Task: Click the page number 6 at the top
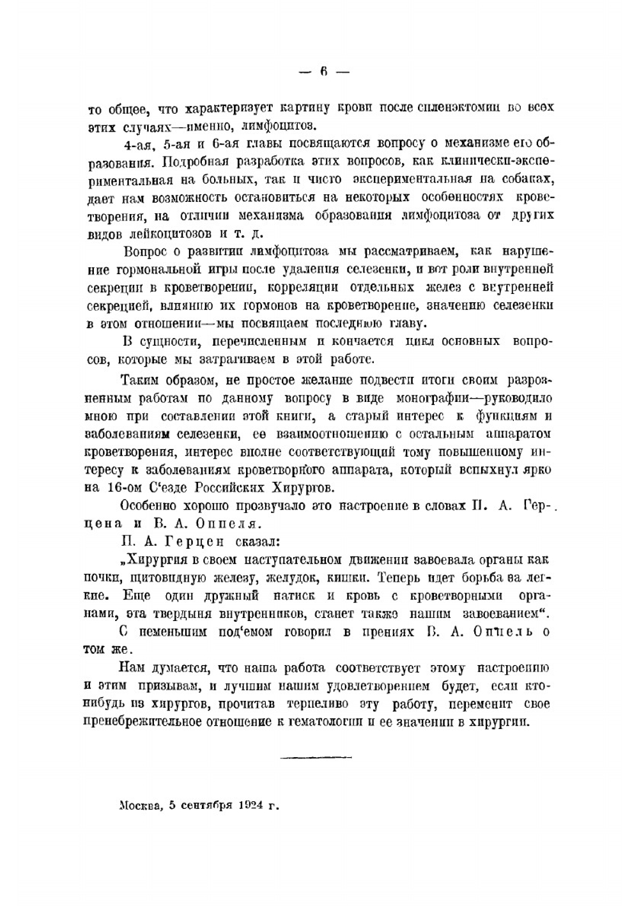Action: pos(323,72)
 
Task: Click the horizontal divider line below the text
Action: pos(316,758)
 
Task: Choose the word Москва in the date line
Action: pos(141,806)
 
